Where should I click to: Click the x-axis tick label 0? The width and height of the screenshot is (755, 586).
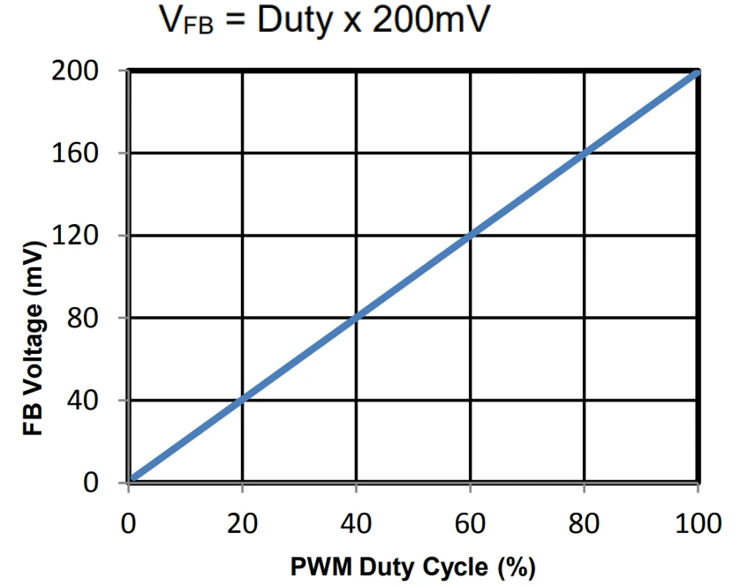click(129, 523)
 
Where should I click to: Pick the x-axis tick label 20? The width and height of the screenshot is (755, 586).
click(242, 523)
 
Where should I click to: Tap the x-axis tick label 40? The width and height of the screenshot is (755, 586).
click(356, 523)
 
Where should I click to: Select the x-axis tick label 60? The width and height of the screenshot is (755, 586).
click(470, 523)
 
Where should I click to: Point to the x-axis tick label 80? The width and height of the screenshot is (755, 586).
click(584, 523)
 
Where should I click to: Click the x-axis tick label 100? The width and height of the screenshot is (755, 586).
click(697, 523)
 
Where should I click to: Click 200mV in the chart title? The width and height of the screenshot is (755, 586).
click(429, 21)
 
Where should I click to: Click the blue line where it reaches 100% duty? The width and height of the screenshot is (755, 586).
click(697, 71)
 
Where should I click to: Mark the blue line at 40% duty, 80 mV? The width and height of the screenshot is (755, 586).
click(356, 319)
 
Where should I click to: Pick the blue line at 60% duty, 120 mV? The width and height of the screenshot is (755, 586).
click(470, 236)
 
